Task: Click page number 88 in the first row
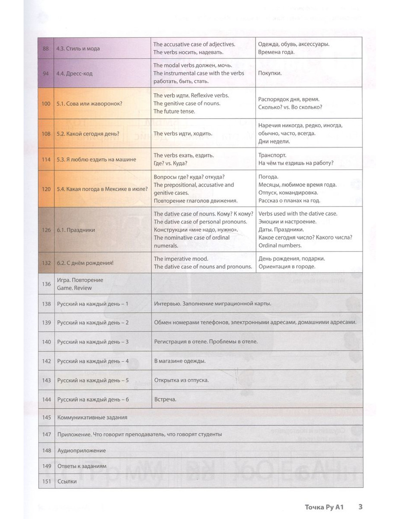pyautogui.click(x=46, y=48)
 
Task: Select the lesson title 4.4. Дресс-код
pyautogui.click(x=74, y=73)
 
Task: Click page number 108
pyautogui.click(x=46, y=134)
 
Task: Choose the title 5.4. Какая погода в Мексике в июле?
pyautogui.click(x=102, y=189)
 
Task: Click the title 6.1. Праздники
pyautogui.click(x=76, y=230)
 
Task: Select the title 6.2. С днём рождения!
pyautogui.click(x=85, y=263)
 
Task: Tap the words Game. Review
pyautogui.click(x=74, y=288)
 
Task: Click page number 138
pyautogui.click(x=46, y=304)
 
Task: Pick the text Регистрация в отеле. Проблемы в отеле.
pyautogui.click(x=206, y=342)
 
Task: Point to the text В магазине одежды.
pyautogui.click(x=180, y=361)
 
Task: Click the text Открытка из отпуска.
pyautogui.click(x=182, y=380)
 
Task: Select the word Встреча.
pyautogui.click(x=165, y=399)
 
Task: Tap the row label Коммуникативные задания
pyautogui.click(x=92, y=418)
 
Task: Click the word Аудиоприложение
pyautogui.click(x=82, y=451)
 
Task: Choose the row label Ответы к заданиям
pyautogui.click(x=82, y=466)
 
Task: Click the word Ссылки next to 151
pyautogui.click(x=67, y=481)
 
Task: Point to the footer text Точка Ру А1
pyautogui.click(x=324, y=507)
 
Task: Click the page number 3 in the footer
pyautogui.click(x=360, y=507)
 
